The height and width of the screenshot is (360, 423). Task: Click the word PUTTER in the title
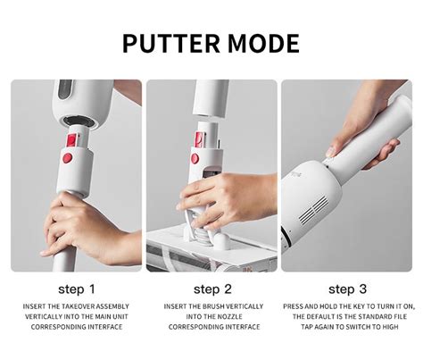171,44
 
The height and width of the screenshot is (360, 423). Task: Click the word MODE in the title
263,44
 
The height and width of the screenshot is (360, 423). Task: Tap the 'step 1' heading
77,289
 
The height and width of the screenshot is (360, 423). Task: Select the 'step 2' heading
212,289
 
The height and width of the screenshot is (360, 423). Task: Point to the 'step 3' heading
347,289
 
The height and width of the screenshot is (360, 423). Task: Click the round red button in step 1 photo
68,158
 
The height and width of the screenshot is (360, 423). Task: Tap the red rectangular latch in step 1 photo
72,140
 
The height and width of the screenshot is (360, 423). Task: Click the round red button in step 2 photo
195,158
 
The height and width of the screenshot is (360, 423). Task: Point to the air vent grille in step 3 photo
314,210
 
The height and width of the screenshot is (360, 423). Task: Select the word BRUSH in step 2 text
212,306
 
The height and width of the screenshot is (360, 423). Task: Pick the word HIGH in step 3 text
390,327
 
